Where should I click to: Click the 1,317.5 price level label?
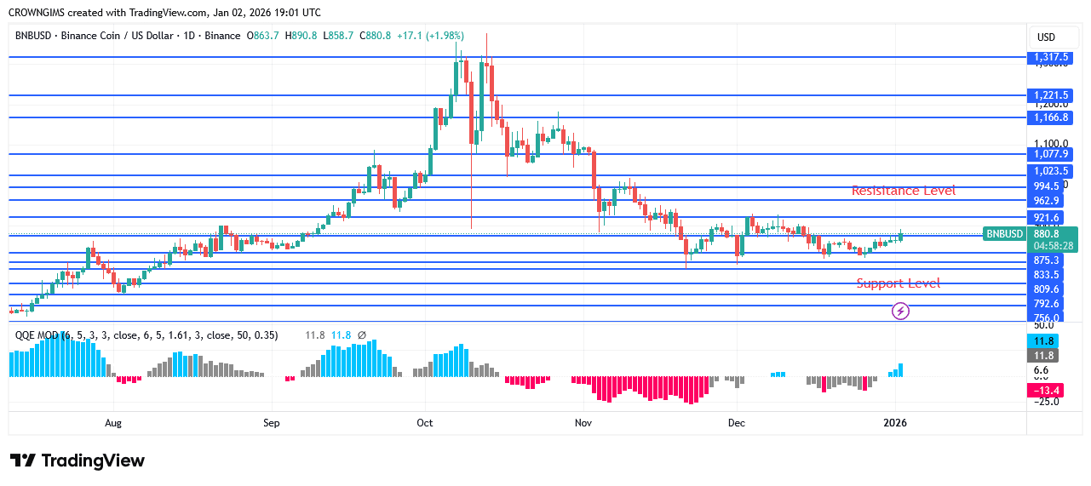[x=1047, y=57]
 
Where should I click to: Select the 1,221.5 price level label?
[x=1047, y=95]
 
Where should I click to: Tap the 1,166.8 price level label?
[x=1047, y=117]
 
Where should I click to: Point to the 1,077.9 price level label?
[x=1047, y=154]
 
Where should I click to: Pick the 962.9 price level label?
[x=1047, y=201]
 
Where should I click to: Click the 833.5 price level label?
[x=1047, y=275]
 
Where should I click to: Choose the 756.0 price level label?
[x=1047, y=318]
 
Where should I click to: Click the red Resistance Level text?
[x=904, y=191]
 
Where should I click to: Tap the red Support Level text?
[x=899, y=283]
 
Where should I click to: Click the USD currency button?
[x=1046, y=37]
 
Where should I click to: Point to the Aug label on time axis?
[x=113, y=422]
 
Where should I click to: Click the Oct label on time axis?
[x=424, y=422]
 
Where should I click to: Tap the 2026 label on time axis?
[x=895, y=422]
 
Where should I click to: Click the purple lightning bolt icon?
[x=900, y=312]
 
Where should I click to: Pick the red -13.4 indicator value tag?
[x=1044, y=390]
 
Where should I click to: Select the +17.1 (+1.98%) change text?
[x=434, y=36]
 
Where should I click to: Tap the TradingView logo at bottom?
[x=78, y=460]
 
